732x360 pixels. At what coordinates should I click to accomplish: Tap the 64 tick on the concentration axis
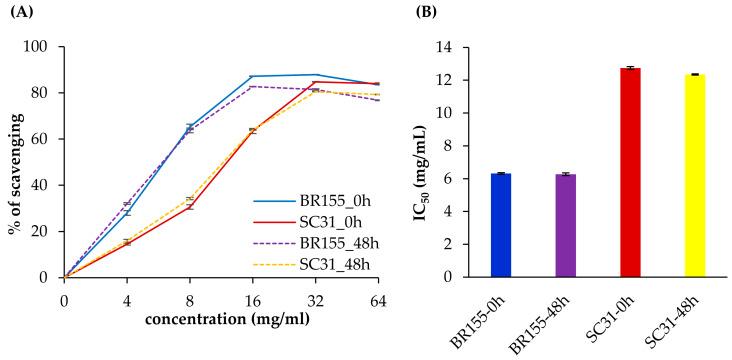pyautogui.click(x=377, y=298)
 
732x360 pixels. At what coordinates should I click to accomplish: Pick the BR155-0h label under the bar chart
pyautogui.click(x=488, y=321)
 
